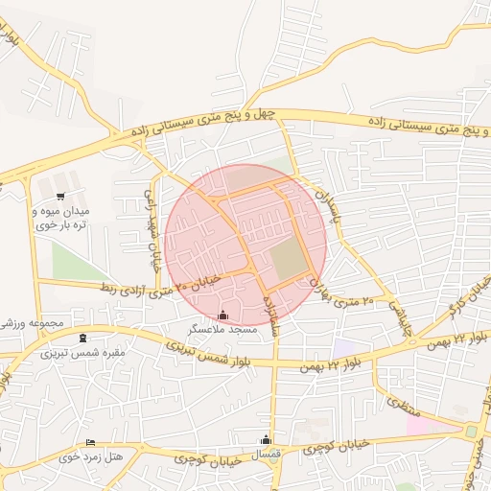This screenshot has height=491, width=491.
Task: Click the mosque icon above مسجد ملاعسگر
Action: coord(223,315)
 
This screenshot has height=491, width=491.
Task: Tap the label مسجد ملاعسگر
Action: coord(222,329)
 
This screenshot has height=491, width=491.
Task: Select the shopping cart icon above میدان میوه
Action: coord(61,196)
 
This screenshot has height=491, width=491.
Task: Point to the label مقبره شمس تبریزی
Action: coord(76,352)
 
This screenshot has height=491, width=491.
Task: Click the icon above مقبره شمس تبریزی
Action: coord(82,337)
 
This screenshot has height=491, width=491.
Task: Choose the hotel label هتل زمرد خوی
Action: coord(92,456)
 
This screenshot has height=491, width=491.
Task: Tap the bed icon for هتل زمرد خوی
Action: coord(91,442)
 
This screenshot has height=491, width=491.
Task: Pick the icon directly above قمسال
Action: coord(266,439)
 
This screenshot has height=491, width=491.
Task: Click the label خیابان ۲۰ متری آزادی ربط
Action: coord(162,283)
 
